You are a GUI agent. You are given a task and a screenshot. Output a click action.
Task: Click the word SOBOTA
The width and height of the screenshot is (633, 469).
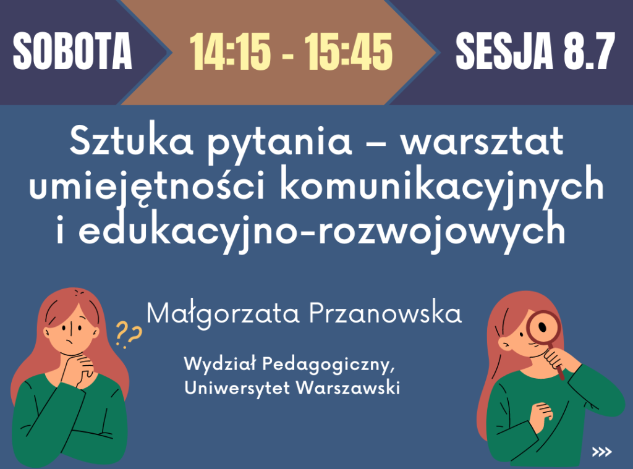coord(73,51)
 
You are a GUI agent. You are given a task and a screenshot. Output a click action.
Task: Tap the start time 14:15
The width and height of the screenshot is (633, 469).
coord(230,52)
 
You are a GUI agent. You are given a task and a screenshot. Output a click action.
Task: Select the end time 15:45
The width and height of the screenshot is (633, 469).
coord(349,52)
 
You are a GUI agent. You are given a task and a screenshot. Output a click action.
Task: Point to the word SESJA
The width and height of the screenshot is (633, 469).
coord(504,51)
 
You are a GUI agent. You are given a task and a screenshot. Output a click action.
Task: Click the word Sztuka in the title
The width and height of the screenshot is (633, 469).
coord(131,141)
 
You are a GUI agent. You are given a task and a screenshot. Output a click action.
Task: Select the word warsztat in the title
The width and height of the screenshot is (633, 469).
coord(482,142)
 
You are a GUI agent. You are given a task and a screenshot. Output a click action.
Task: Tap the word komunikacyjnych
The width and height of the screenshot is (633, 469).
coord(442,186)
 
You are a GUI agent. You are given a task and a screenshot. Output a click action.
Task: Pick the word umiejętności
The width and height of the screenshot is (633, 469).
coord(147,186)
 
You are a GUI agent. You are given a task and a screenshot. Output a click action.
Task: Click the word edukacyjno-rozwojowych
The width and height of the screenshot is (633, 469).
coord(321,230)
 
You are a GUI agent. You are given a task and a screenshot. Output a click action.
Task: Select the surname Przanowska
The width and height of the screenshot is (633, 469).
coord(385,313)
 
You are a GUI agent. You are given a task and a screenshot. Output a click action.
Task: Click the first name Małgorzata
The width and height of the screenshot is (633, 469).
coord(223,315)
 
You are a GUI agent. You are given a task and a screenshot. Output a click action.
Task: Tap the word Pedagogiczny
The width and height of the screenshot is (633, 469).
coord(328,365)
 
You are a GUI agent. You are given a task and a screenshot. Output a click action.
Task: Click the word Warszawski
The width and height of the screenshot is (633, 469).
coord(348,388)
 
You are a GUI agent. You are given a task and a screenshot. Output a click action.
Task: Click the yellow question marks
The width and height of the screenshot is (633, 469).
coord(129,335)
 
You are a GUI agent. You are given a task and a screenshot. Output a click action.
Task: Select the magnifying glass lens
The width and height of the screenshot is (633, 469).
coord(543,327)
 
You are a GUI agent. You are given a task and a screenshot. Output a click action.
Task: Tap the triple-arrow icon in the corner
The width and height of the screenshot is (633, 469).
coord(601,452)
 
